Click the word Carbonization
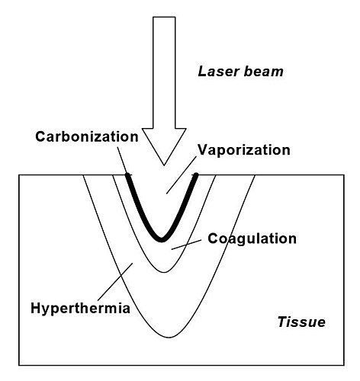point(87,136)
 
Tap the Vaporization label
point(244,150)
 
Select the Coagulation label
point(252,239)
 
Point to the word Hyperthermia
point(80,308)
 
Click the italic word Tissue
point(301,322)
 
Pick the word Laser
point(217,72)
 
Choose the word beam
point(263,72)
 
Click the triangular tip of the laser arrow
point(164,165)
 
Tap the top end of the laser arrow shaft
point(164,18)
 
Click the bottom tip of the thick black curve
point(162,240)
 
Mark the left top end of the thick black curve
point(127,174)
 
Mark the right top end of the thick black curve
point(196,174)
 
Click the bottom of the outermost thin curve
point(169,338)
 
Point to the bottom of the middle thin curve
point(165,272)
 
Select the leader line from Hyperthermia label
point(115,282)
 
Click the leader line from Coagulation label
point(186,245)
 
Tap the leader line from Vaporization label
point(182,175)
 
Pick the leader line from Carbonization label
point(122,160)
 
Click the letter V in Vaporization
point(203,150)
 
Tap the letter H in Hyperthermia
point(36,308)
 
